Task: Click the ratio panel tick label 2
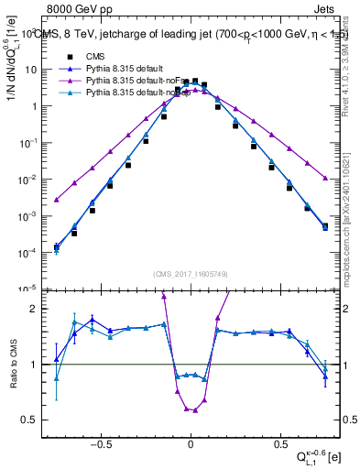[x=38, y=309]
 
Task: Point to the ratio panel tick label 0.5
[x=34, y=420]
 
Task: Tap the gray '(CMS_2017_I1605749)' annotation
[x=190, y=274]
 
